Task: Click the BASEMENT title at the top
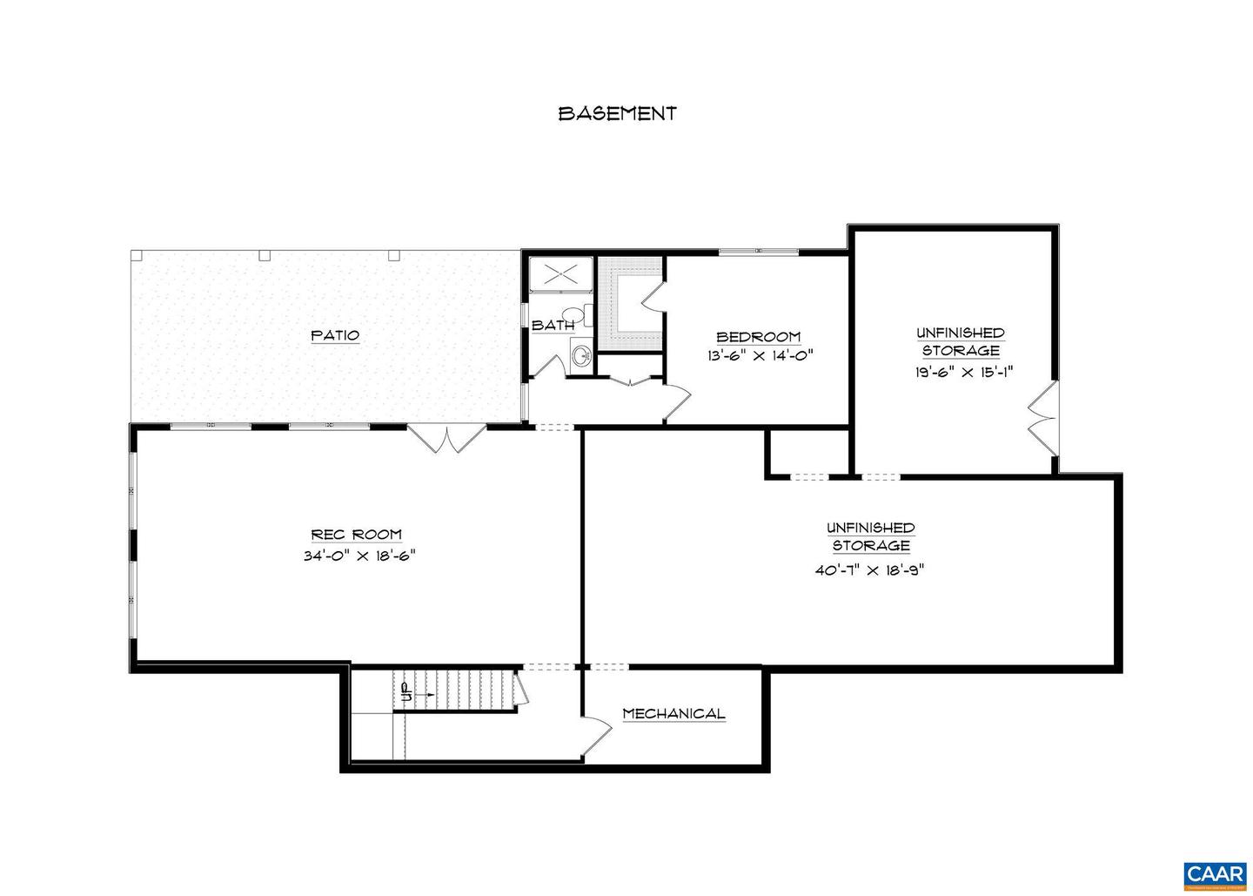click(x=617, y=113)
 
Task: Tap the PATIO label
click(x=335, y=335)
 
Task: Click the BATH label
click(x=553, y=326)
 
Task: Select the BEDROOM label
click(x=758, y=337)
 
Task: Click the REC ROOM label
click(x=357, y=535)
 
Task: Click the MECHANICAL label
click(x=673, y=714)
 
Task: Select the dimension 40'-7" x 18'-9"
click(x=870, y=570)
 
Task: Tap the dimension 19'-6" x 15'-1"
click(x=960, y=371)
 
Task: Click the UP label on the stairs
click(x=405, y=693)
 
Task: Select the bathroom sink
click(x=581, y=354)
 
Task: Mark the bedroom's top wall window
click(x=758, y=252)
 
